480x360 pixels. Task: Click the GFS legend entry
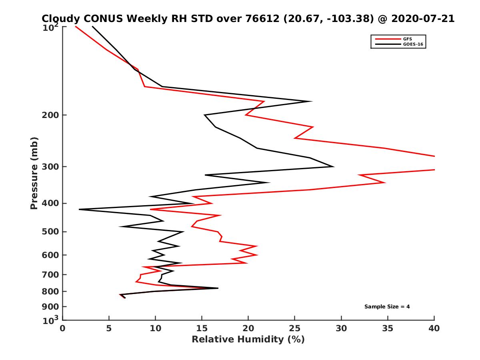[407, 39]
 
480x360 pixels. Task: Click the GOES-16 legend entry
[412, 44]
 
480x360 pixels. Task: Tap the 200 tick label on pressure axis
[48, 115]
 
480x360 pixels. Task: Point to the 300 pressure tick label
[48, 167]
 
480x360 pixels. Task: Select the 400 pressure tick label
[48, 203]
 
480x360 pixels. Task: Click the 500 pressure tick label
[48, 232]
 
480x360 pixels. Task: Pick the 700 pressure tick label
[48, 274]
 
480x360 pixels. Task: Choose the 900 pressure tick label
[48, 307]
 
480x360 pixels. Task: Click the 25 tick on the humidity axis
[295, 328]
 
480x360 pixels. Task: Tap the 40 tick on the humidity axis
[434, 328]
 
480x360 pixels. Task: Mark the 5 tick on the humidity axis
[109, 328]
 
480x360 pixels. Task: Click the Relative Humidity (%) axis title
[248, 340]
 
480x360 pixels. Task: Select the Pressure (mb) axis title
[34, 173]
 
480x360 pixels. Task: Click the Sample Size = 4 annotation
[387, 307]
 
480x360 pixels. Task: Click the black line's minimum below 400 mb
[80, 209]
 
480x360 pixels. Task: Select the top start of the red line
[76, 26]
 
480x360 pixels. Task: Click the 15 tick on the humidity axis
[202, 328]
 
